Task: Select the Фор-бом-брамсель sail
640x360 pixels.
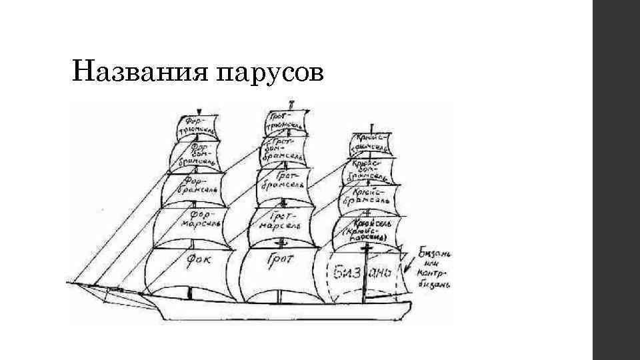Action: pos(196,153)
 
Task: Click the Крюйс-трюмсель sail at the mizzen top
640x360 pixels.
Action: pos(371,141)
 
